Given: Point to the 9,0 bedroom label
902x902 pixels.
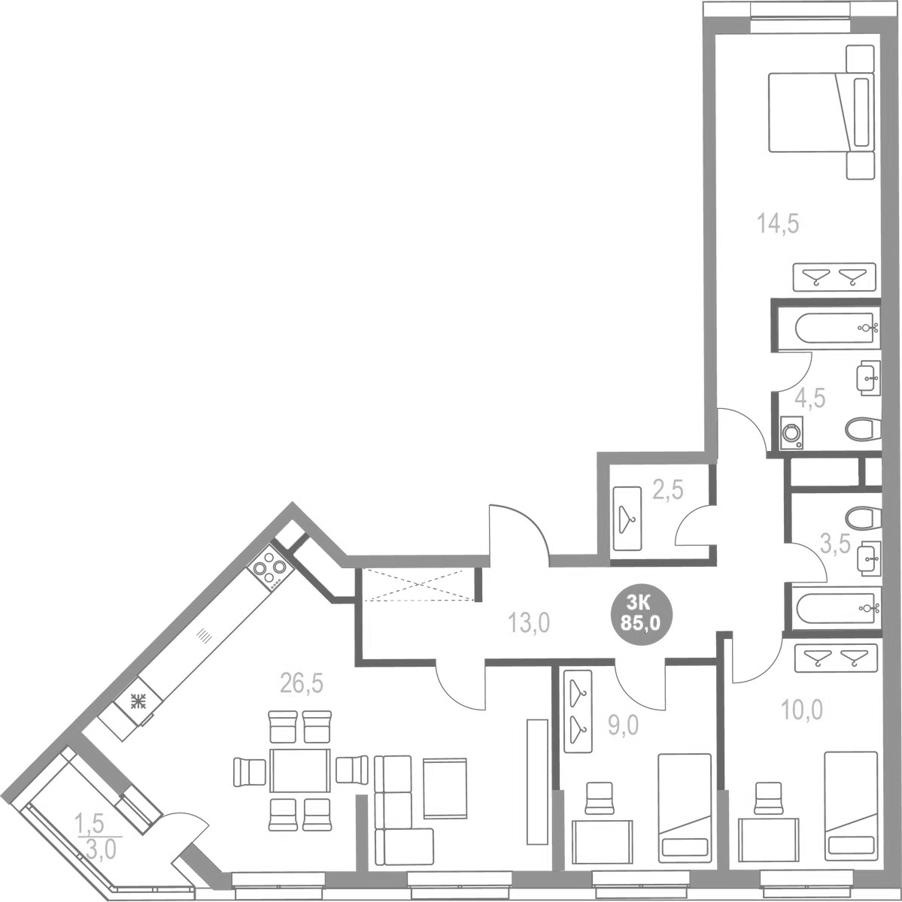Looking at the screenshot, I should coord(624,725).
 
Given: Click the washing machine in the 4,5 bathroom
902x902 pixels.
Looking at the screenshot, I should coord(791,433).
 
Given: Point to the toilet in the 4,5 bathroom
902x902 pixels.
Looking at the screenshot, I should coord(861,430).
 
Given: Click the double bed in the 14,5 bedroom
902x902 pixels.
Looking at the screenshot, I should coord(819,112).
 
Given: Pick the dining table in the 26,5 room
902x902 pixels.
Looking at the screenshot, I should coord(299,770).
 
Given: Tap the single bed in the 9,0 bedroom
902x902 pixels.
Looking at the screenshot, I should coord(685,807).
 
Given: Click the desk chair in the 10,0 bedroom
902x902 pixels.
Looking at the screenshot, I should coord(768,798).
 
